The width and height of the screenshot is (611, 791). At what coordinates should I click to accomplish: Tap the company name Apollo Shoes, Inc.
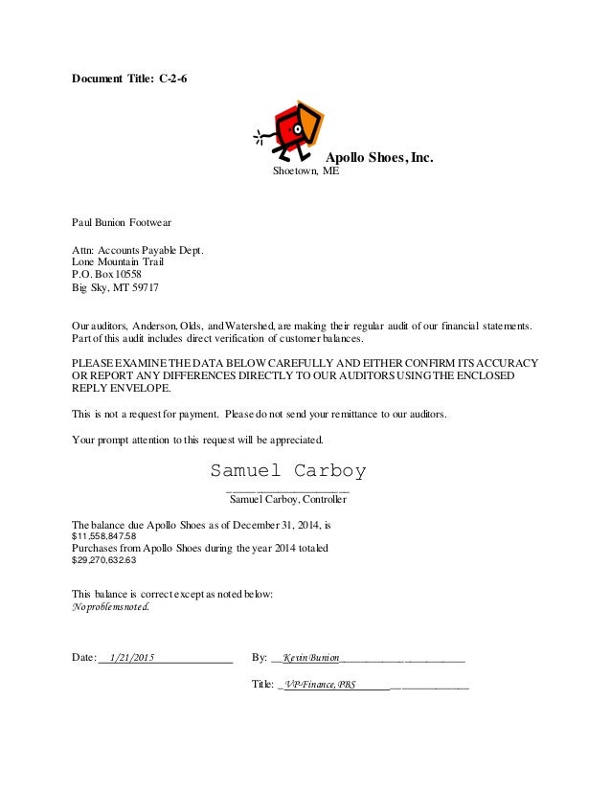[x=380, y=158]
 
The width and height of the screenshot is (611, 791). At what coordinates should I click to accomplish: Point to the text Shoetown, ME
[x=305, y=173]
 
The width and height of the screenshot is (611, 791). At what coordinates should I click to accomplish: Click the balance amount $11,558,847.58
[x=104, y=537]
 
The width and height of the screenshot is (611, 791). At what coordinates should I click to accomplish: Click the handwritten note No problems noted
[x=111, y=607]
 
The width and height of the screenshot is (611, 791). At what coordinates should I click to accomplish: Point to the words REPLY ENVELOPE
[x=124, y=391]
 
